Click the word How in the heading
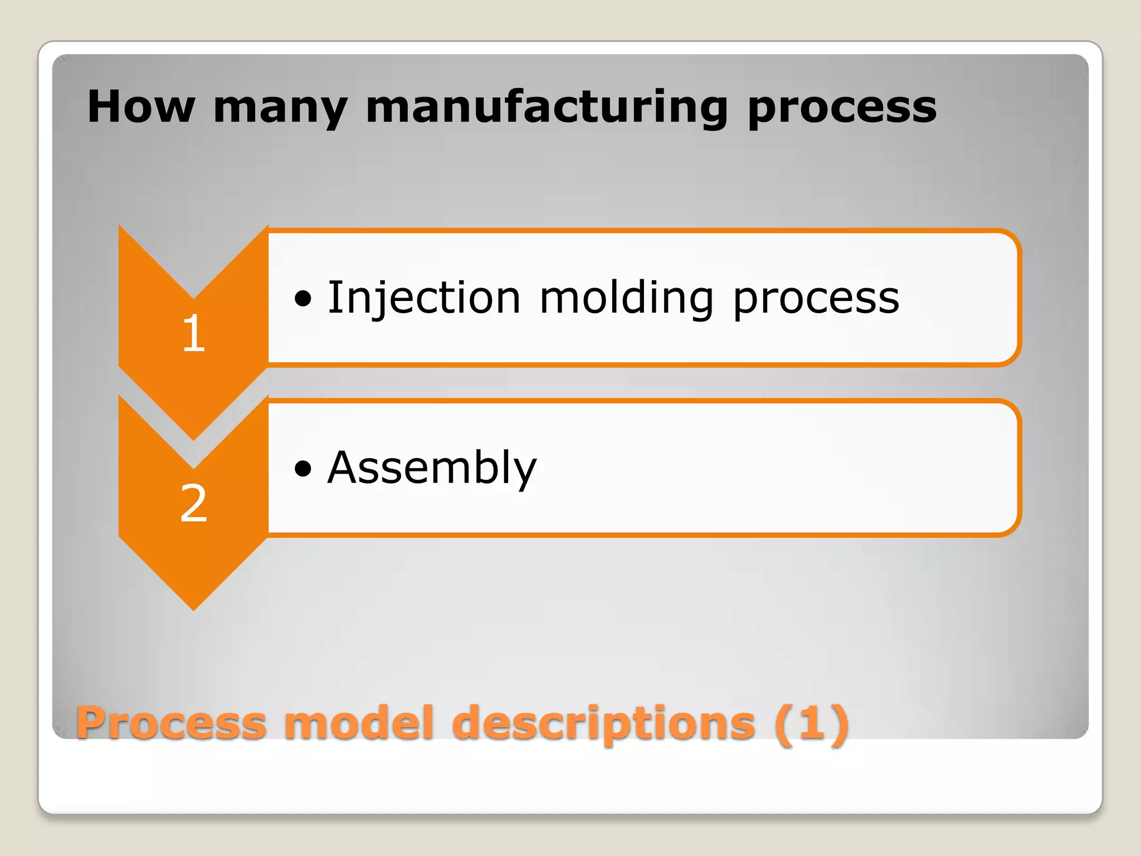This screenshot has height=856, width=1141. pyautogui.click(x=141, y=106)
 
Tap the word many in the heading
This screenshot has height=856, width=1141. pyautogui.click(x=280, y=109)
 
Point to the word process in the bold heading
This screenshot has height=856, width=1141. pyautogui.click(x=842, y=109)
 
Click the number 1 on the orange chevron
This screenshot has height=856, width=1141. pyautogui.click(x=193, y=333)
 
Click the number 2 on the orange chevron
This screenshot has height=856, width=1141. pyautogui.click(x=193, y=503)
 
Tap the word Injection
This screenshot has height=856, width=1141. pyautogui.click(x=424, y=298)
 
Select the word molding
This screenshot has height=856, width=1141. pyautogui.click(x=626, y=298)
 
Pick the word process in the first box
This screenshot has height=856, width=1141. pyautogui.click(x=816, y=300)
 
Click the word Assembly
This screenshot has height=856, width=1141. pyautogui.click(x=432, y=468)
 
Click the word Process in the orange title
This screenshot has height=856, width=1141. pyautogui.click(x=171, y=723)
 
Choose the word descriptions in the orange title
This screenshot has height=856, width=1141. pyautogui.click(x=604, y=724)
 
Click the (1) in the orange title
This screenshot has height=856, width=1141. pyautogui.click(x=811, y=723)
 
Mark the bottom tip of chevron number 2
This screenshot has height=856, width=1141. pyautogui.click(x=193, y=608)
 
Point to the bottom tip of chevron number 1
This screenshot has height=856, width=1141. pyautogui.click(x=193, y=438)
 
